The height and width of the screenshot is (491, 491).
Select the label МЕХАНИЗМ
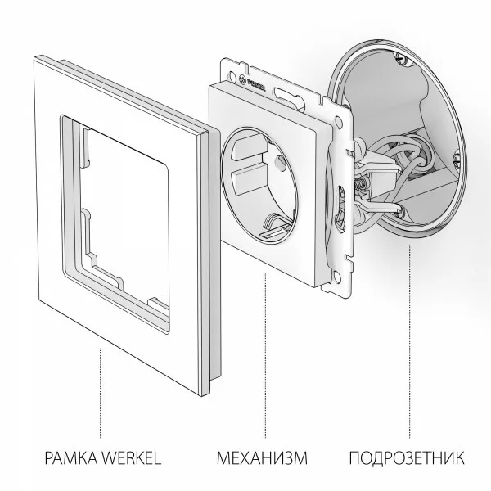tap(262, 456)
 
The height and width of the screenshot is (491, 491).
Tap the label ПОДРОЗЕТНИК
tap(407, 456)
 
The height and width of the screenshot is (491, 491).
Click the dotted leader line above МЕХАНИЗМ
tap(264, 352)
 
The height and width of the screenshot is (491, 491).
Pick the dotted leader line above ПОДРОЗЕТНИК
tap(407, 327)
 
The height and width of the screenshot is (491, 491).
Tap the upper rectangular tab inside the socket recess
tap(248, 147)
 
